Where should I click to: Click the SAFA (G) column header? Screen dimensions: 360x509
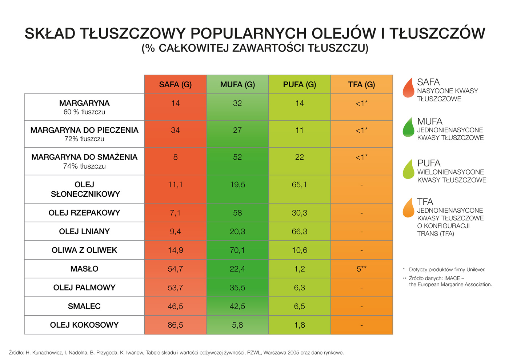175,85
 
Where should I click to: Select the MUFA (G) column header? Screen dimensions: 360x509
237,85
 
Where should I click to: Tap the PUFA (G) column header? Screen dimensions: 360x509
300,85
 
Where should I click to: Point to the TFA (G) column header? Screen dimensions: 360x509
361,85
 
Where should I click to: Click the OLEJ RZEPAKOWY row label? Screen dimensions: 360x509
84,213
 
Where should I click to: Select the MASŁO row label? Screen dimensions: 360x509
84,269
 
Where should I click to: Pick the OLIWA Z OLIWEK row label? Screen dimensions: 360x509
84,250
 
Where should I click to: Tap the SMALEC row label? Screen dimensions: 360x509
84,306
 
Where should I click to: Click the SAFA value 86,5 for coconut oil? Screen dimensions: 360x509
175,325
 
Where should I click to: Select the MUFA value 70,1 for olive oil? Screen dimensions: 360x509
237,250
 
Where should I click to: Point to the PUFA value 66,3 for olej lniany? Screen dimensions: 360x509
300,232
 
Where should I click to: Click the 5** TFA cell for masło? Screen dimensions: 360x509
361,269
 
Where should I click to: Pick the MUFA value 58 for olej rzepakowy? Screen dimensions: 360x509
237,213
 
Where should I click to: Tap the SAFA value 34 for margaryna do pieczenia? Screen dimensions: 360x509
175,130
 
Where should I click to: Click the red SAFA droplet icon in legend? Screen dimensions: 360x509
409,88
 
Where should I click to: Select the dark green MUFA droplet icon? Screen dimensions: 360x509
409,128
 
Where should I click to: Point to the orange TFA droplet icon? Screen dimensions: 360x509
409,208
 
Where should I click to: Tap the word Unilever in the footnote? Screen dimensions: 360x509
474,269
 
